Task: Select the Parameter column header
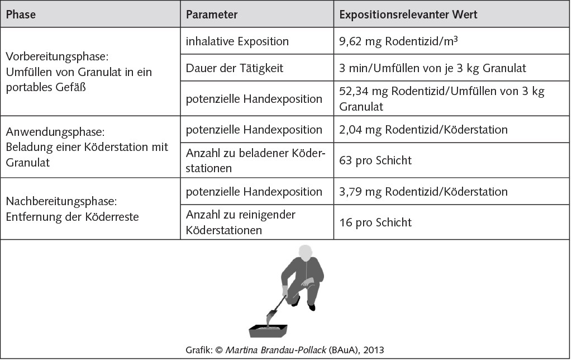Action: tap(212, 15)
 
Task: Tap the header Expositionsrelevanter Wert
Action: tap(408, 15)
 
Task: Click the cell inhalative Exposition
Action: tap(237, 41)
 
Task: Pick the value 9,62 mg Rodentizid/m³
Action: tap(399, 41)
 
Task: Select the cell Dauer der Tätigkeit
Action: tap(235, 68)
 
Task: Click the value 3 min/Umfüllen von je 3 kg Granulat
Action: tap(432, 68)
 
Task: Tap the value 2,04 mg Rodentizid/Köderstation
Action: tap(423, 130)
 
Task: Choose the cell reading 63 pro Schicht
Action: tap(375, 160)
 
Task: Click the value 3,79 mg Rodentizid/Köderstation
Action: tap(423, 192)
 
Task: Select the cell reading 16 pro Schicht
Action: tap(375, 222)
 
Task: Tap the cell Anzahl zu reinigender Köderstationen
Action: tap(241, 222)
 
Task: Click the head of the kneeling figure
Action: tap(305, 253)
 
